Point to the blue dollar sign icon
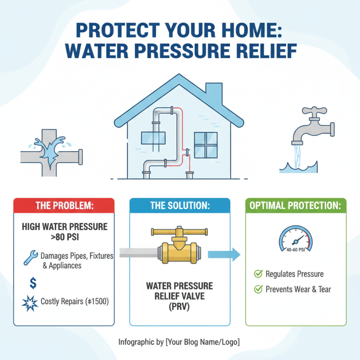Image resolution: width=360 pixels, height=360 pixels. coord(32,283)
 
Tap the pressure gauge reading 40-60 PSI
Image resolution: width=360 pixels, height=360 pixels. coord(296,239)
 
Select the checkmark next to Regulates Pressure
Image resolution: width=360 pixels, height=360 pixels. coord(258,274)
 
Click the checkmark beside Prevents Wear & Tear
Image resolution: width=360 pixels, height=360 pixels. coord(258,289)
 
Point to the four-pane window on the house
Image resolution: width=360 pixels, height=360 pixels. coord(205,144)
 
